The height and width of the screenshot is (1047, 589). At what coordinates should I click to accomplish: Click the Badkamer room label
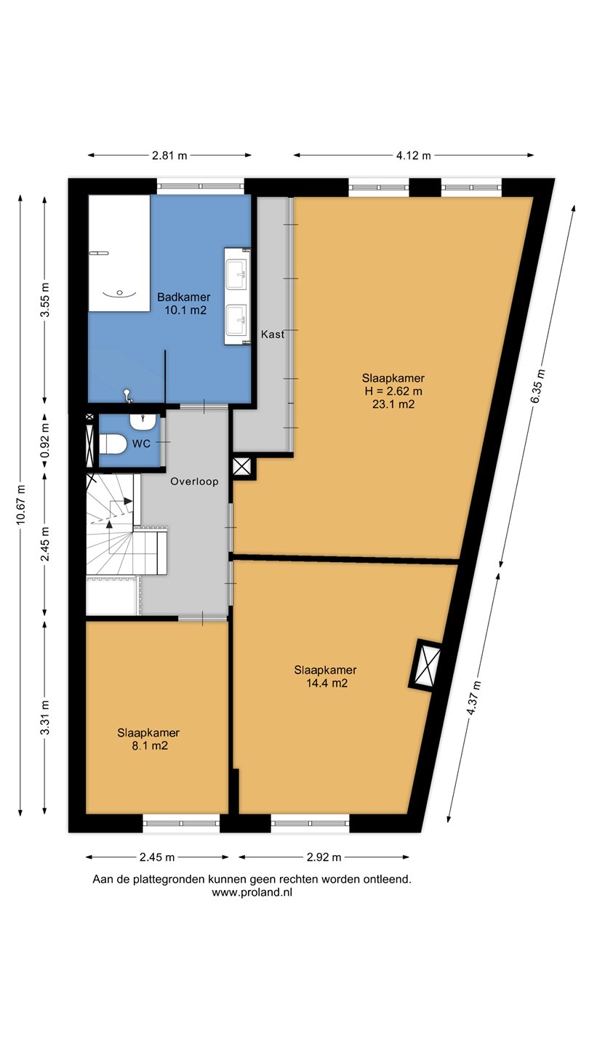184,297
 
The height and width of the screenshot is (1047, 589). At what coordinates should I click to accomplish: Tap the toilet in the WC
113,444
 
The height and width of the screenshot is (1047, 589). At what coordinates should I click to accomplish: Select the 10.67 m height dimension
20,505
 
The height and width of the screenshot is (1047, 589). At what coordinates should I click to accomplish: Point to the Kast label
273,334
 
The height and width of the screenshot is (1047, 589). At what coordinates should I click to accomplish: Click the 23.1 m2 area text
393,404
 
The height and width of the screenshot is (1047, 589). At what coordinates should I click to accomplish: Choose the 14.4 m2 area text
326,683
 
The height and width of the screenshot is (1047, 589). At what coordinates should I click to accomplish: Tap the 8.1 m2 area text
150,746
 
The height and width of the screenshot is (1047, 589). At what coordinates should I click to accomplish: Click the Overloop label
194,481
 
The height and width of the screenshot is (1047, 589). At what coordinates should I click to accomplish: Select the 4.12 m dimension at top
414,156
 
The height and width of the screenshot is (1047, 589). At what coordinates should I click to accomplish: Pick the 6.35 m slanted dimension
537,386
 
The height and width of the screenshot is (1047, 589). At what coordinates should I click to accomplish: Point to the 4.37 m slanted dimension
473,698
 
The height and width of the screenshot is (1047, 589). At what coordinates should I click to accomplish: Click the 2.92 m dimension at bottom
324,857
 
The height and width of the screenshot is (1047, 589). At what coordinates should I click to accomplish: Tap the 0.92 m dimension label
45,441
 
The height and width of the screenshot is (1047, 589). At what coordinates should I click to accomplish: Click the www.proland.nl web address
252,892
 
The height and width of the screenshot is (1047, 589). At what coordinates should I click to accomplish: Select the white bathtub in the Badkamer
120,253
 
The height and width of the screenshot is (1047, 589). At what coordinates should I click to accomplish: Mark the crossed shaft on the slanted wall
426,665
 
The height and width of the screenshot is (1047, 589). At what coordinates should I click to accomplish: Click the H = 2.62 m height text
393,391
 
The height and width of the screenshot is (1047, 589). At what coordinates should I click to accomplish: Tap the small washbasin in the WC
143,422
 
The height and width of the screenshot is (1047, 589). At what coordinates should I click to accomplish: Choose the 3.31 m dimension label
45,718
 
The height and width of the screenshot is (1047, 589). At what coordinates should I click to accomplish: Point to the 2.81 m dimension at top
169,156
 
